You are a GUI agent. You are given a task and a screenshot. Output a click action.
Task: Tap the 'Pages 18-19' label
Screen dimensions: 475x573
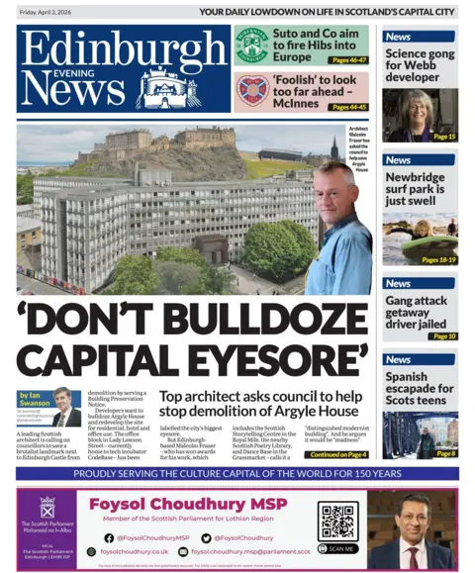[x=436, y=259]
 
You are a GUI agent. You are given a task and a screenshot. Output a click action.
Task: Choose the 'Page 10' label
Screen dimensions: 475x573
[x=444, y=336]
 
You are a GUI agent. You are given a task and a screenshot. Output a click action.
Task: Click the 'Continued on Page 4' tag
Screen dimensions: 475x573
[x=337, y=454]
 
